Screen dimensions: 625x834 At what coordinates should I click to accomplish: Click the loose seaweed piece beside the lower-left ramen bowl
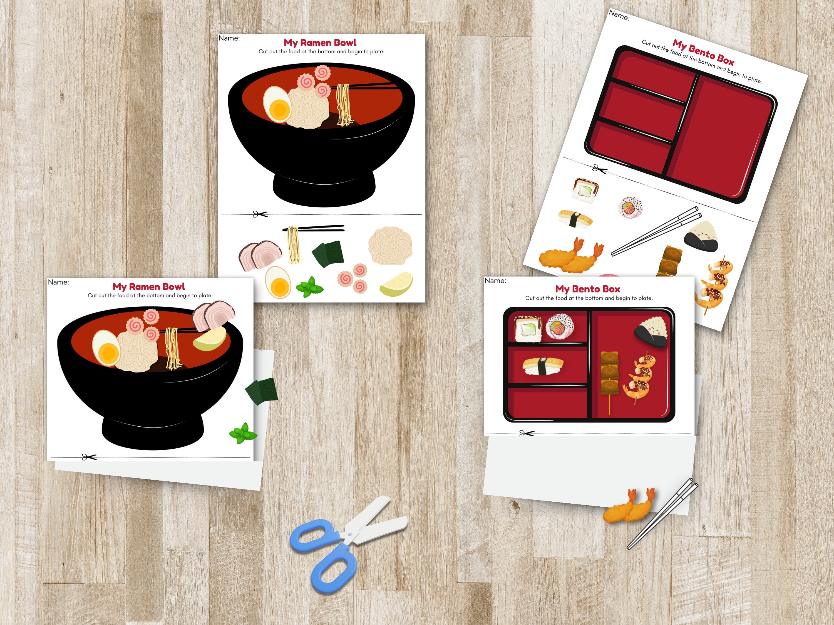point(262,391)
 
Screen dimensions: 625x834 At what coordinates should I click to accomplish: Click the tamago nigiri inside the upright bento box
point(543,366)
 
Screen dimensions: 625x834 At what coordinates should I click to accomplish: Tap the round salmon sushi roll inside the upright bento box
point(560,327)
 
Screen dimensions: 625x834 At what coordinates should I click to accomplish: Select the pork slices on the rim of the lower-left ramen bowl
point(213,316)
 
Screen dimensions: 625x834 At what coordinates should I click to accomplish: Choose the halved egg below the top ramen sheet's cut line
point(278,282)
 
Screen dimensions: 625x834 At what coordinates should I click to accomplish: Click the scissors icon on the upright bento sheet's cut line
point(527,433)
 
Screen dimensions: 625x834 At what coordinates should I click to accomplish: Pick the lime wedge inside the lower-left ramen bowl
point(210,339)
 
